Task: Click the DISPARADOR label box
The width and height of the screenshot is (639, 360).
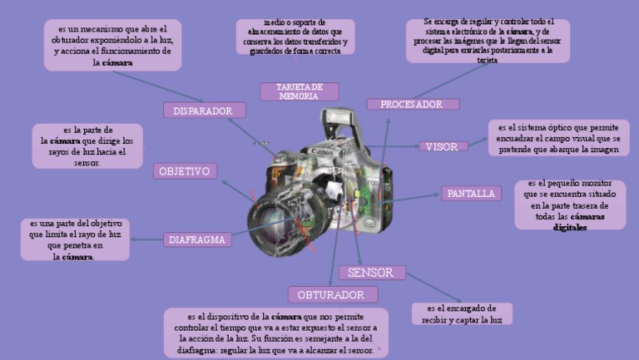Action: [204, 111]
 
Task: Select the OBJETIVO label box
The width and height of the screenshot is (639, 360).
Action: [186, 171]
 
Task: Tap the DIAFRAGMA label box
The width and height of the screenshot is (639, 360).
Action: [197, 239]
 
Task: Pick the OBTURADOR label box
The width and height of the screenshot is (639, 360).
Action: [332, 295]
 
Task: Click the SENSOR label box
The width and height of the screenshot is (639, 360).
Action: [371, 273]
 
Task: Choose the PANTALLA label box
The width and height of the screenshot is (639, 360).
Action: [471, 194]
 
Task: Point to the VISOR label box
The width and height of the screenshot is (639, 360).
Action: [442, 146]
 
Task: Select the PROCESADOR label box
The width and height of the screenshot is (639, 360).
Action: [412, 105]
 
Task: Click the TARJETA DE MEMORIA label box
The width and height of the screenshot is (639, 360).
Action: [299, 91]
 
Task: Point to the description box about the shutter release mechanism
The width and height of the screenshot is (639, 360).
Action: [112, 45]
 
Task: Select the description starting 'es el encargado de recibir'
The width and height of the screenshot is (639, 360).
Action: [462, 313]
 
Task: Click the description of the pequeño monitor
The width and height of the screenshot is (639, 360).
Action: [569, 205]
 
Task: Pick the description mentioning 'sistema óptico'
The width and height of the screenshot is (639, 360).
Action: [558, 138]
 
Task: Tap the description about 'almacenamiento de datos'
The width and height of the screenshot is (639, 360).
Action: [295, 37]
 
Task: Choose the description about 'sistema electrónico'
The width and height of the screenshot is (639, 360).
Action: [488, 40]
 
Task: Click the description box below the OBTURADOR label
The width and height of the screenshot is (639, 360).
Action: [275, 333]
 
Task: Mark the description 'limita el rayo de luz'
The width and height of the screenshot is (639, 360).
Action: [75, 239]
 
